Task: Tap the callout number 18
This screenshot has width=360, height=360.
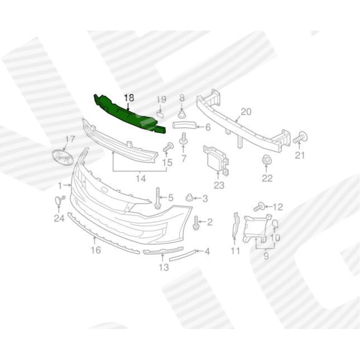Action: tap(129, 98)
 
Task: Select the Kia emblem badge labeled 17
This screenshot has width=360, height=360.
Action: tap(63, 157)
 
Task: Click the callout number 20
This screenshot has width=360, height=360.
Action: tap(246, 112)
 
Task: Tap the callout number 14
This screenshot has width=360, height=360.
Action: tap(141, 178)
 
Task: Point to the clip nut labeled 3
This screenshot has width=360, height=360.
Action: tap(189, 198)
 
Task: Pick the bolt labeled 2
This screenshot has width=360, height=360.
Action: tap(196, 223)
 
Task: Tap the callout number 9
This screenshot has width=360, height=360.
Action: tap(266, 255)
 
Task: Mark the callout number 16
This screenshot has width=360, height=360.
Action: tap(96, 250)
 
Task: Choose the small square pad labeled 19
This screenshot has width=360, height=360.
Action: tap(160, 114)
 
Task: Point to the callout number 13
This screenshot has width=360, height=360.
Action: tap(164, 267)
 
